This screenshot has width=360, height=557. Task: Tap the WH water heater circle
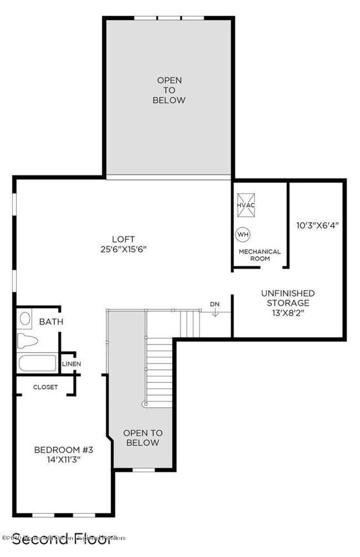(243, 234)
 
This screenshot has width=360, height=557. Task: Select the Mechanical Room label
(259, 255)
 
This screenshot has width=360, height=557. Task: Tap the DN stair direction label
(215, 304)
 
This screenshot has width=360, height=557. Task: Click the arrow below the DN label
(215, 313)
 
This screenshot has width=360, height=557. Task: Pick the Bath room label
(51, 322)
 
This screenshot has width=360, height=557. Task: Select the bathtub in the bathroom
(37, 364)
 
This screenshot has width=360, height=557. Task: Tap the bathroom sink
(25, 319)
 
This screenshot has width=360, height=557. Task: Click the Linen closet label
(72, 364)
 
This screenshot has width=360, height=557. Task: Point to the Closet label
(45, 387)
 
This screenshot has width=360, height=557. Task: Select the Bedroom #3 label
(64, 449)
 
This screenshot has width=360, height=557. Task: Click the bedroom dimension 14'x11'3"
(64, 459)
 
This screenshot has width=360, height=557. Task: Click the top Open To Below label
(169, 90)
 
